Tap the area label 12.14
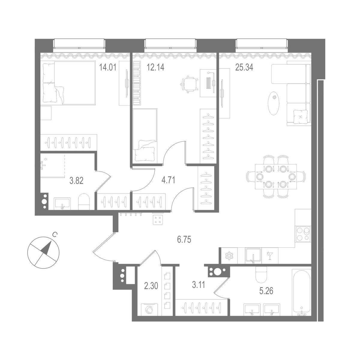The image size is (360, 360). click(x=155, y=67)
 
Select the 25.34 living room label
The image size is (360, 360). click(x=244, y=67)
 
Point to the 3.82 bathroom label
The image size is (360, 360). click(x=76, y=181)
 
